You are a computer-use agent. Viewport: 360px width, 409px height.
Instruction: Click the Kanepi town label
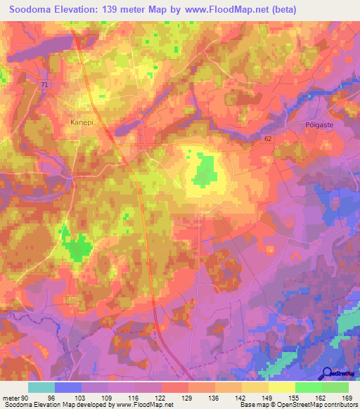pos(82,122)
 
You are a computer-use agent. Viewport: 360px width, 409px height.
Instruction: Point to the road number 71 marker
pos(46,84)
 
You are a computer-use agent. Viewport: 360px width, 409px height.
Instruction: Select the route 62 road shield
pos(268,139)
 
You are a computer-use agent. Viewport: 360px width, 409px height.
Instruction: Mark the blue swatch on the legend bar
pos(67,387)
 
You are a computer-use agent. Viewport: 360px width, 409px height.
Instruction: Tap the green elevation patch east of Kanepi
pos(204,170)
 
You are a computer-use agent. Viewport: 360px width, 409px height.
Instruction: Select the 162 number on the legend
pos(321,397)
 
